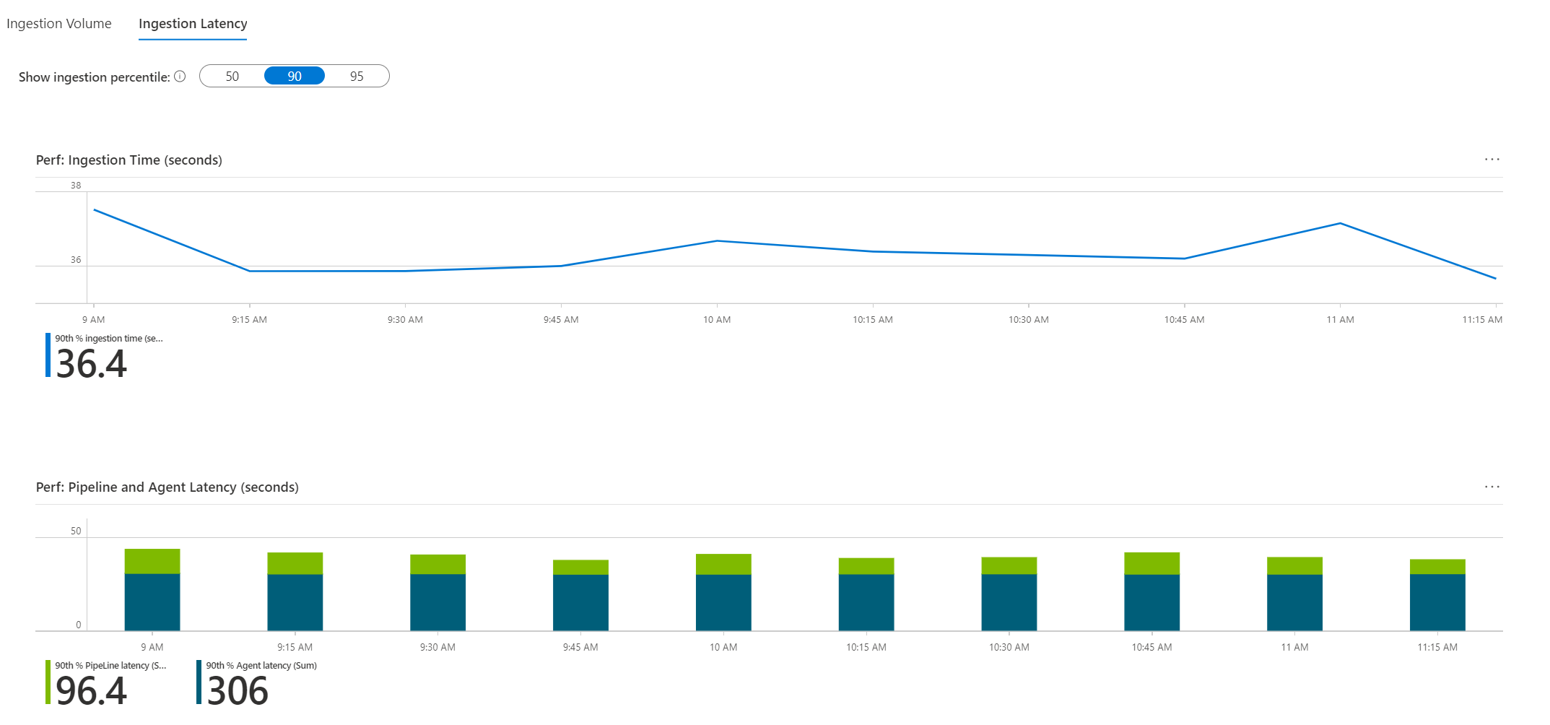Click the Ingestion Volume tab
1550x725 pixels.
click(59, 24)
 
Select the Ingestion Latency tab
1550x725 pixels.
click(193, 24)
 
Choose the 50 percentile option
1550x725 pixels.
click(232, 77)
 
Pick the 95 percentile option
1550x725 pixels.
click(357, 77)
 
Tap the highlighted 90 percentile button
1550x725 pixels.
click(295, 77)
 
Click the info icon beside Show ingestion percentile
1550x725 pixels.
click(180, 77)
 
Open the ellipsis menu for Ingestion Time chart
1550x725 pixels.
click(1492, 160)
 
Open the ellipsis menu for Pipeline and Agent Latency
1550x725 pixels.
click(1492, 487)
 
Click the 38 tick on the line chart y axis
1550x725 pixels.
click(76, 186)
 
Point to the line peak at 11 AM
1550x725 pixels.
click(1340, 223)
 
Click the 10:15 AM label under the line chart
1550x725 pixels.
click(872, 320)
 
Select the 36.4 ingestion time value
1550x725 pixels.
click(92, 363)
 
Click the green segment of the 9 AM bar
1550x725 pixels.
click(152, 561)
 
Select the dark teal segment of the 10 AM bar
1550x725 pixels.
click(723, 602)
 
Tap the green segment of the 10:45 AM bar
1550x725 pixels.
click(1151, 563)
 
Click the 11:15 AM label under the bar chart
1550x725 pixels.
click(1437, 648)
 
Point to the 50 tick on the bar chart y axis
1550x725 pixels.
click(76, 531)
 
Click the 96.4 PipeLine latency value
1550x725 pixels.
click(92, 690)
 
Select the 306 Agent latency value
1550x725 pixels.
click(238, 690)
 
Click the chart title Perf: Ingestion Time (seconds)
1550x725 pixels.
click(129, 160)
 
